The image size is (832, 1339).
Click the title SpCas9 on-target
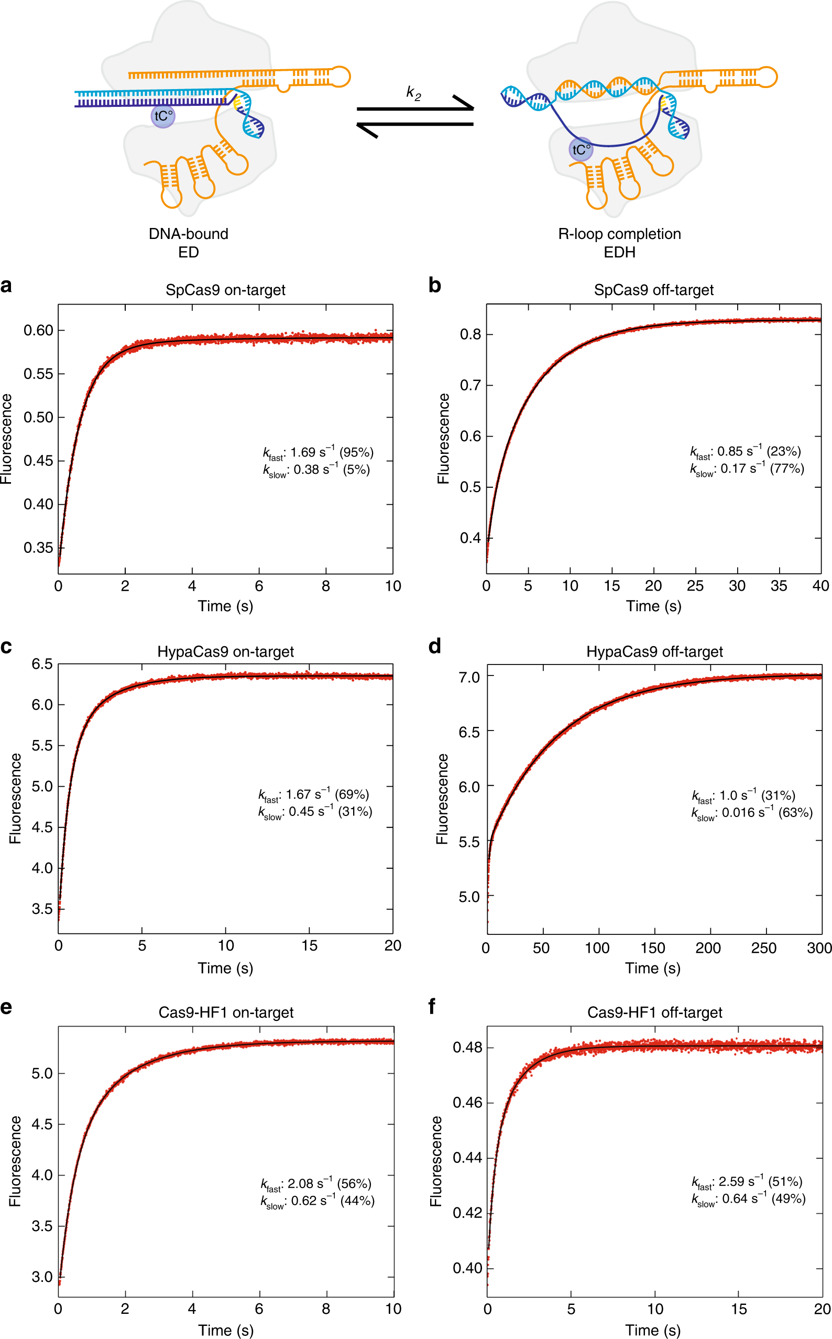(225, 290)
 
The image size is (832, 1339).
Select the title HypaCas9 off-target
(654, 651)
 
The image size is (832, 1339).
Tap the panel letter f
(432, 1007)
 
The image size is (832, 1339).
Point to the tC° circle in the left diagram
(163, 116)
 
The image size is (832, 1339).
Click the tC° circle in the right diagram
(581, 150)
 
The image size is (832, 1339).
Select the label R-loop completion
(619, 234)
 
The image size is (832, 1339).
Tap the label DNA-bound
(188, 234)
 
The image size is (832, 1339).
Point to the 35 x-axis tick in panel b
(779, 586)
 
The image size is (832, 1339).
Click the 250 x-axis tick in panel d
(764, 948)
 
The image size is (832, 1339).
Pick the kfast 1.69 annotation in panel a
(318, 452)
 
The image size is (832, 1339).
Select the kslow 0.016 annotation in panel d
(752, 813)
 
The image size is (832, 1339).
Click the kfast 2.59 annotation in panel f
(747, 1182)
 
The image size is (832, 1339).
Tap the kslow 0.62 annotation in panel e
(318, 1201)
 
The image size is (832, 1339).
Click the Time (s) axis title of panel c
(225, 968)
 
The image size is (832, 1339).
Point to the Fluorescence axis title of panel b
(443, 439)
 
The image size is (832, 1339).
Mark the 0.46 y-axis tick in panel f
(467, 1102)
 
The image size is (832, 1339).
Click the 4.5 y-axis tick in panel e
(42, 1124)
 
